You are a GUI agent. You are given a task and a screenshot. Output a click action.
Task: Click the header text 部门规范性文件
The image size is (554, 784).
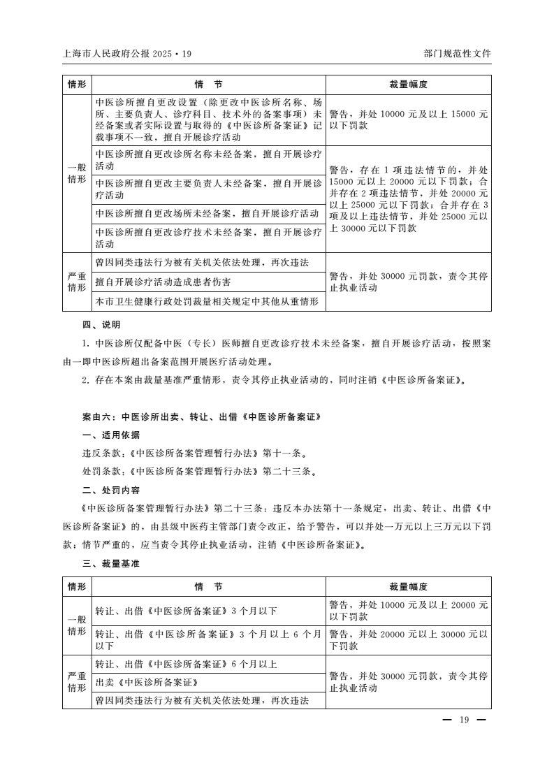tap(457, 53)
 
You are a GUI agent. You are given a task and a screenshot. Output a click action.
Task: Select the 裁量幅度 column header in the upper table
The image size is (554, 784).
tap(408, 85)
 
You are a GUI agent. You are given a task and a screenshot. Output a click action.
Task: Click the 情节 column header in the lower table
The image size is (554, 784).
tap(208, 586)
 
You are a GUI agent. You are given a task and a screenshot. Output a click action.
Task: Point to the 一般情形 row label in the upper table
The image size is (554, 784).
tap(77, 173)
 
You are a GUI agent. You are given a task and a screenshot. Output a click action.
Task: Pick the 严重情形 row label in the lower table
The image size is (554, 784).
tap(77, 682)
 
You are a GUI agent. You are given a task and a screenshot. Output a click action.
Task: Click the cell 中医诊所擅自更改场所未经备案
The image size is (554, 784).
tap(207, 212)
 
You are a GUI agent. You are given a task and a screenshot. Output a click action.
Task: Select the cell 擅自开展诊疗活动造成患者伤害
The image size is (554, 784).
tap(163, 282)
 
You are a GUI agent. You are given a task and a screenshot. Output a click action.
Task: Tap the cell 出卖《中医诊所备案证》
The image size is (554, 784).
tap(153, 682)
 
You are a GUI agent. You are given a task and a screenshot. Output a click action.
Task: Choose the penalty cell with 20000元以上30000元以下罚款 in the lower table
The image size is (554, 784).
tap(408, 639)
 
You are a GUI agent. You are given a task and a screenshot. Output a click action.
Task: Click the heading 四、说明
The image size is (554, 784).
tap(101, 325)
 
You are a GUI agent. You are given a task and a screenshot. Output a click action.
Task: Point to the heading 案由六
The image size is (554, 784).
tap(201, 416)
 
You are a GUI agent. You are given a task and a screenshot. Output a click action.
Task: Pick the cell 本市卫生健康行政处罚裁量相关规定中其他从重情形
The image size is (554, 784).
tap(207, 301)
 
